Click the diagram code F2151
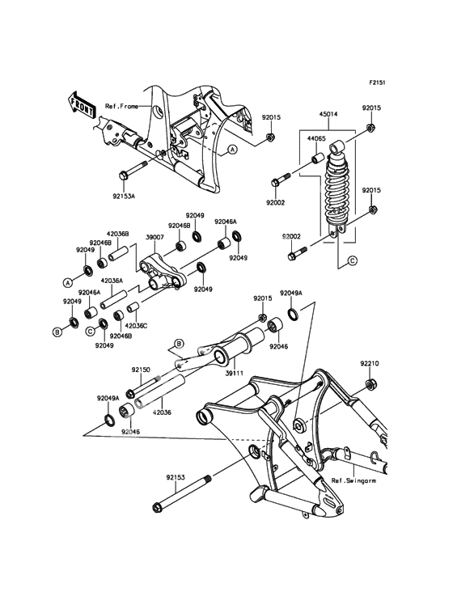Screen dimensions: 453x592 (x=377, y=82)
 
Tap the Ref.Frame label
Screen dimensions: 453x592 (x=121, y=107)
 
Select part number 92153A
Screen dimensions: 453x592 (x=124, y=197)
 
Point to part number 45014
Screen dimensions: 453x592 (x=328, y=114)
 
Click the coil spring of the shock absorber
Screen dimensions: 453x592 (x=337, y=191)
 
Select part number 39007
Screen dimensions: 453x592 (x=155, y=239)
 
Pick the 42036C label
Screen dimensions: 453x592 (x=136, y=325)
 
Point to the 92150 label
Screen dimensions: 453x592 (x=141, y=370)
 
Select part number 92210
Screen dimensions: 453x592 (x=369, y=364)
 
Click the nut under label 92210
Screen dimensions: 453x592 (x=370, y=385)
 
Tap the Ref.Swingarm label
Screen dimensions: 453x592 (x=354, y=480)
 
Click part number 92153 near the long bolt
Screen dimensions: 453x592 (x=176, y=477)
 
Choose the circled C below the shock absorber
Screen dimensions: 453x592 (x=352, y=260)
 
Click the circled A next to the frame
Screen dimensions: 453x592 (x=233, y=150)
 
